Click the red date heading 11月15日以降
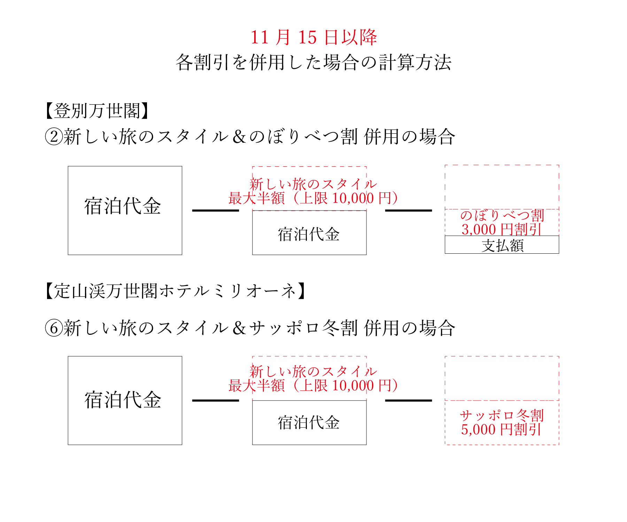314,37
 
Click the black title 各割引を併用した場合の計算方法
313,63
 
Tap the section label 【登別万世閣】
97,111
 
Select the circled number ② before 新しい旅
54,136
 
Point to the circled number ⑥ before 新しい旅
54,328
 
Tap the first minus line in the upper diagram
216,211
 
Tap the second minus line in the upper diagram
409,211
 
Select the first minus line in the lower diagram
216,401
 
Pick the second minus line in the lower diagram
409,401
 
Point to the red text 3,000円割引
502,229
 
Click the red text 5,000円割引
502,429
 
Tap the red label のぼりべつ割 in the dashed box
502,215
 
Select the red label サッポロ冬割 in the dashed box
502,415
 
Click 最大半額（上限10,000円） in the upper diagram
313,198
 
